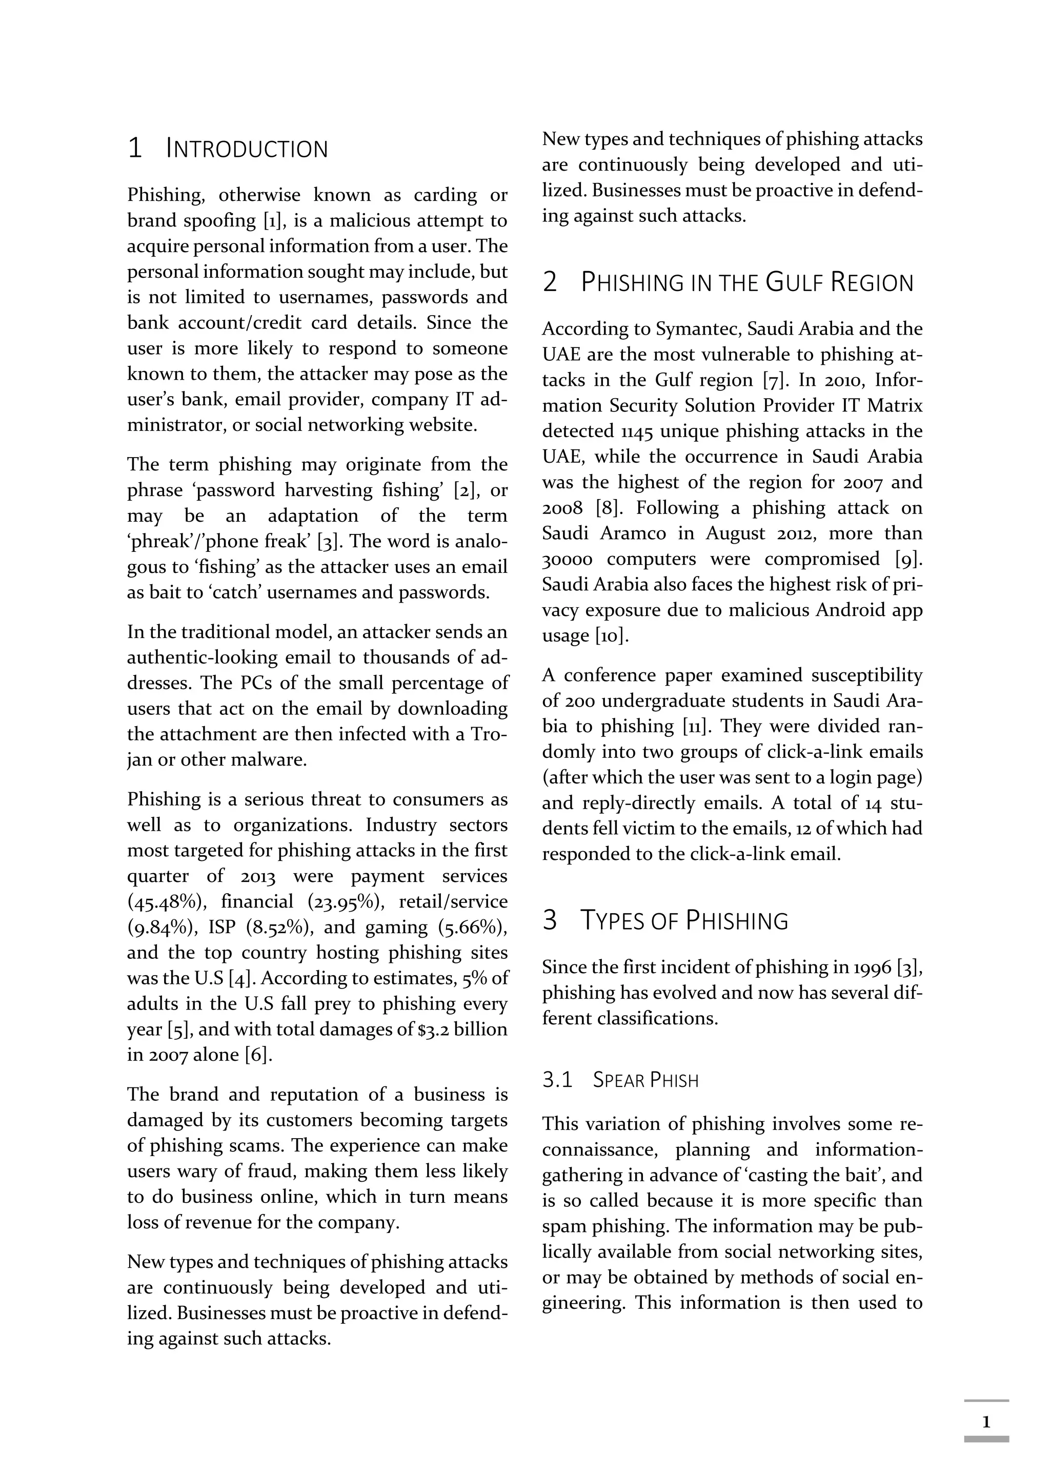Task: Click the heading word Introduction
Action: [x=247, y=149]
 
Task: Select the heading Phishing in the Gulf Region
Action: [x=747, y=283]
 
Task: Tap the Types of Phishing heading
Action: [x=684, y=920]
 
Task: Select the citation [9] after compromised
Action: [x=908, y=559]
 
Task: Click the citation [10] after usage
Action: [x=612, y=636]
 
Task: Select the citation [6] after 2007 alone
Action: [x=258, y=1055]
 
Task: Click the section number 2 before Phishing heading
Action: [x=550, y=283]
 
